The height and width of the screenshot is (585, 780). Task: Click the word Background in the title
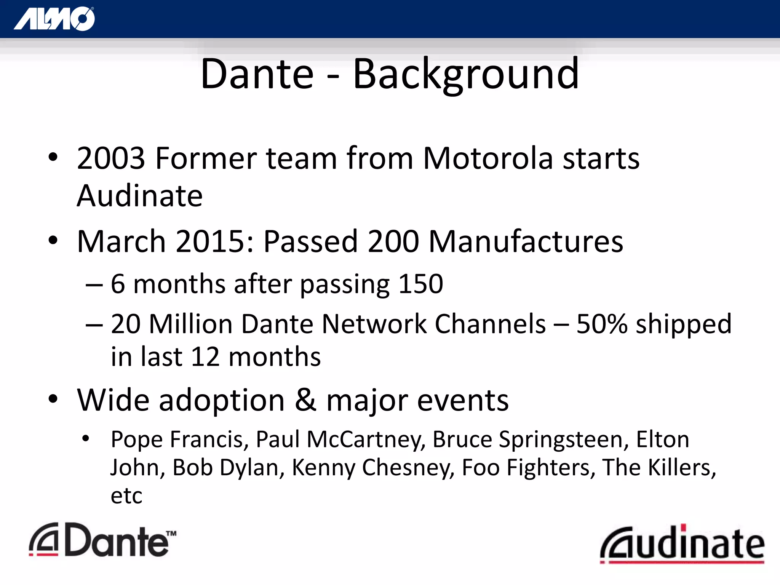465,74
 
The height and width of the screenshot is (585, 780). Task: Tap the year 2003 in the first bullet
111,158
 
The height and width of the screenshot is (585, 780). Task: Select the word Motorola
488,158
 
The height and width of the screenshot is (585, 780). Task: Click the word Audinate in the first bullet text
139,196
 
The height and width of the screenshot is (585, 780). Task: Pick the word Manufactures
526,241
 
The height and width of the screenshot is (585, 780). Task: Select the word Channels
490,324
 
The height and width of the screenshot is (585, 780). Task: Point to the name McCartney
366,440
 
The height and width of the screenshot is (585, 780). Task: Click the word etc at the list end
126,496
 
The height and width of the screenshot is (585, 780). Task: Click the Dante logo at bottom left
102,540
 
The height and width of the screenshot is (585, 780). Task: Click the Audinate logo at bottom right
682,544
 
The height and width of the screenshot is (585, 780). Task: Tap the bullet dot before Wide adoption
53,399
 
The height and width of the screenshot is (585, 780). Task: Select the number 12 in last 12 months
205,357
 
